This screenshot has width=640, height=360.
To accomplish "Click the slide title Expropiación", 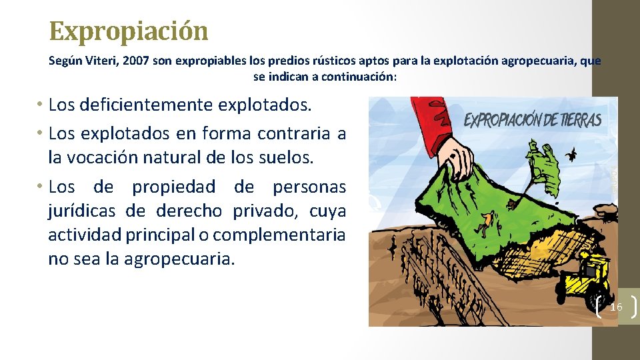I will coord(129,31).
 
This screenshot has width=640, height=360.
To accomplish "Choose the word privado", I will coord(266,211).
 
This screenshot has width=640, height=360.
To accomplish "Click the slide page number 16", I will coord(616,307).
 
